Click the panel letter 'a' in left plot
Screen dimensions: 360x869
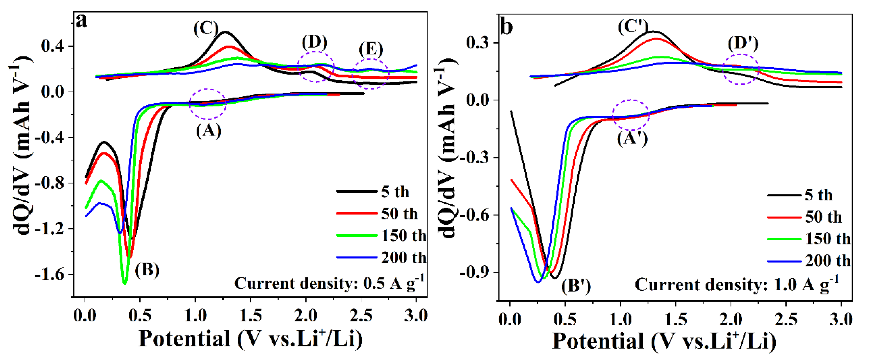coord(82,21)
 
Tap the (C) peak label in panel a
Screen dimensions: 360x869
coord(206,28)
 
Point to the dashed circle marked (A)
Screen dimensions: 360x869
coord(208,104)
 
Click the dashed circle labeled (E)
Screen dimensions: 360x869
coord(370,74)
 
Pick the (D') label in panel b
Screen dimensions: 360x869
coord(743,43)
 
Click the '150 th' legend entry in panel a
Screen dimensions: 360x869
coord(403,236)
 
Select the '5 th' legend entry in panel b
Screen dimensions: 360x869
coord(818,195)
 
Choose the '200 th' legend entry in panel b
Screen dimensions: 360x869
coord(827,261)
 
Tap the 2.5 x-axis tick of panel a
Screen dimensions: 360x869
coord(361,316)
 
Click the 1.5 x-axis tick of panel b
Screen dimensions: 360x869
coord(675,319)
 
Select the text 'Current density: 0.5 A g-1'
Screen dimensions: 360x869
coord(329,283)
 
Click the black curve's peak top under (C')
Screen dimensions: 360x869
coord(654,31)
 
